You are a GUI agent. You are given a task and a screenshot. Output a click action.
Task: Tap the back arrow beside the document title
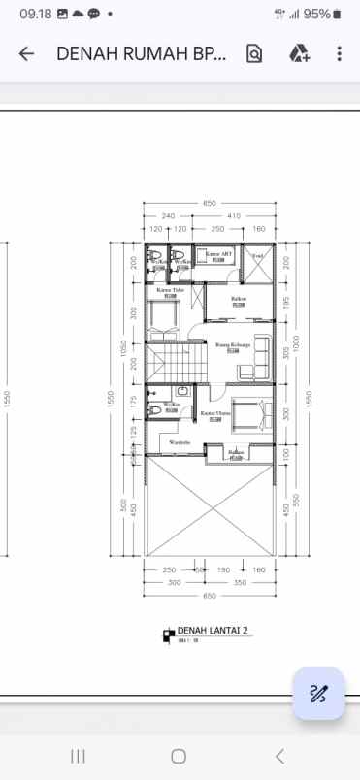tap(26, 54)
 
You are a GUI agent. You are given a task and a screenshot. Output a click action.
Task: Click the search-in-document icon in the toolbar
tap(254, 54)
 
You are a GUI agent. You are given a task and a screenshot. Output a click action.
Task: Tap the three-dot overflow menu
tap(339, 54)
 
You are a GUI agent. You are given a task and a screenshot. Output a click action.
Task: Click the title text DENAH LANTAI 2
tap(213, 631)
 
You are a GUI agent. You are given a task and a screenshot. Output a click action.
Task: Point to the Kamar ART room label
tap(218, 253)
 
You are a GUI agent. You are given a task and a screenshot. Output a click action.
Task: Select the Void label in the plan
tap(258, 255)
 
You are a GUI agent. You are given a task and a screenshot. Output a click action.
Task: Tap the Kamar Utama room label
tap(214, 412)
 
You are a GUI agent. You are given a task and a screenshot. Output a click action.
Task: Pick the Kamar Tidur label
tap(171, 290)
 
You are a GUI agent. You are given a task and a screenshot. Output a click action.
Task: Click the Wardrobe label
tap(180, 442)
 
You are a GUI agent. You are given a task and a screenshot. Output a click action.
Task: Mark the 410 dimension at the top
tap(233, 215)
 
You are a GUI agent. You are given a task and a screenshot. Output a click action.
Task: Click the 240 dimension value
tap(168, 215)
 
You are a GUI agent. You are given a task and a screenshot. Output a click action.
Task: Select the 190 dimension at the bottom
tap(222, 570)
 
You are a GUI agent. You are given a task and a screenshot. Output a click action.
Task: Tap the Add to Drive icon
tap(298, 54)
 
